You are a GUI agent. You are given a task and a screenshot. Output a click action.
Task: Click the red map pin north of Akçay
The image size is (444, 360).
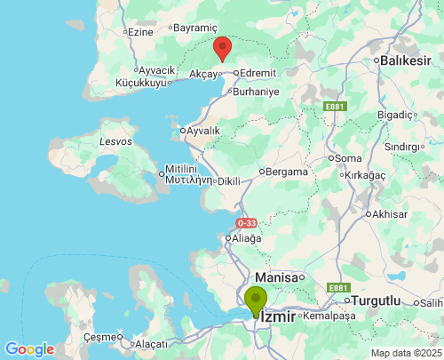[x=222, y=48]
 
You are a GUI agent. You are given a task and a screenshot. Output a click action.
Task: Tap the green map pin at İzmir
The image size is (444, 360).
[x=256, y=300]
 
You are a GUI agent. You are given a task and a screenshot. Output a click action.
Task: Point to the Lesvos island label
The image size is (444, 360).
[x=115, y=140]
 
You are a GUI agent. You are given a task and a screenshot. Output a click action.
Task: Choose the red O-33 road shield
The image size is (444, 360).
[x=247, y=222]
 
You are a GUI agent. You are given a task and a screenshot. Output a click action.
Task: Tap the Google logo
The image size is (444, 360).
[x=29, y=349]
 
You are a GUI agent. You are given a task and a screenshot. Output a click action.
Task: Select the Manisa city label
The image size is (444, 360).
[x=276, y=278]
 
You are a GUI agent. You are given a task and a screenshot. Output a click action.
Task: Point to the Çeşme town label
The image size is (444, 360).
[x=99, y=337]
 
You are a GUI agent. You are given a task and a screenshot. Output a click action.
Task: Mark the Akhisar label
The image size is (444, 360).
[x=390, y=214]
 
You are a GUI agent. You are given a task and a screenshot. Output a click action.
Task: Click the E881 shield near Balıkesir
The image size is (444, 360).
[x=335, y=107]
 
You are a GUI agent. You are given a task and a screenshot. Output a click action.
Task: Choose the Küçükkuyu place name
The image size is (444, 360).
[x=141, y=83]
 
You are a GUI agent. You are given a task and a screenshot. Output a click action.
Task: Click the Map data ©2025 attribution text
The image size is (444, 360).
[x=406, y=353]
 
